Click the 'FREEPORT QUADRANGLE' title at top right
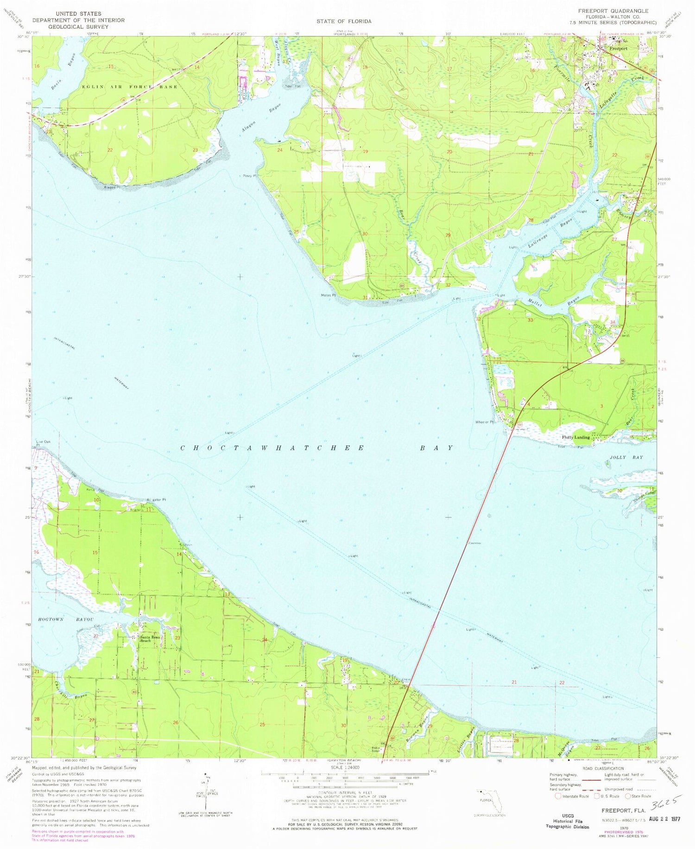click(613, 11)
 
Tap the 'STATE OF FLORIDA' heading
click(344, 21)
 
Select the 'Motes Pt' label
click(328, 295)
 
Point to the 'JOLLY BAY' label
click(624, 457)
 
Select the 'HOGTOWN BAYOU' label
click(63, 619)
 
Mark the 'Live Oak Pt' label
click(43, 443)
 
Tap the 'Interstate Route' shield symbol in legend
click(558, 796)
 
